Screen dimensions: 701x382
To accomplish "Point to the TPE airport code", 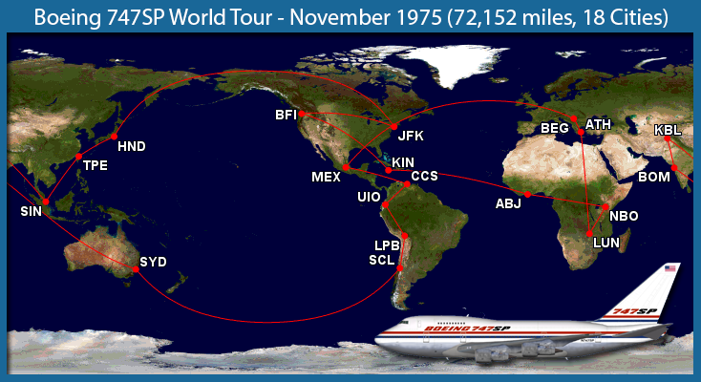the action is (96, 165).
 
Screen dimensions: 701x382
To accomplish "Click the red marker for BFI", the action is (300, 114).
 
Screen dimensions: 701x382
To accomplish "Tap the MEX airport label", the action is (326, 177).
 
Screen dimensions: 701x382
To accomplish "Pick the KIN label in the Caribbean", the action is (403, 162).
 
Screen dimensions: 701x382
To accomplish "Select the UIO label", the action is (369, 198).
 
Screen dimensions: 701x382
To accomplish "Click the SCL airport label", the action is (382, 261).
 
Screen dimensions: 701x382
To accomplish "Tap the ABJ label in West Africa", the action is (508, 203).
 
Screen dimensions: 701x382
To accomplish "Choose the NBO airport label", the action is (623, 216).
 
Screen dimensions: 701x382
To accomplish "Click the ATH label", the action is (598, 124).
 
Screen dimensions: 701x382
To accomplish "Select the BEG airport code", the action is (554, 127).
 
